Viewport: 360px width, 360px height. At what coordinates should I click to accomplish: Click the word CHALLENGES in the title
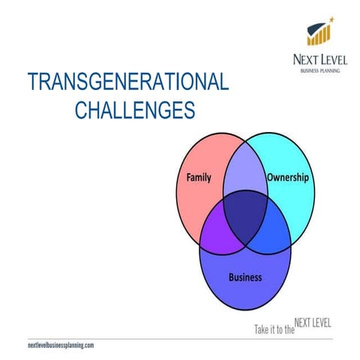(136, 110)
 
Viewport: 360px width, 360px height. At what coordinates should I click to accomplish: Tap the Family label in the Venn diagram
(199, 178)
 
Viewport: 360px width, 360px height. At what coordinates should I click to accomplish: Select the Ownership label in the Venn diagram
(288, 178)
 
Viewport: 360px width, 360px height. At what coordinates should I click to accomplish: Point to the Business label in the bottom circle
(244, 277)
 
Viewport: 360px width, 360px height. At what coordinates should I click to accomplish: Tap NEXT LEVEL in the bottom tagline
(313, 324)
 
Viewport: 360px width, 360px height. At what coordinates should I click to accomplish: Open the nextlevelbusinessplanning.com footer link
(60, 346)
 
